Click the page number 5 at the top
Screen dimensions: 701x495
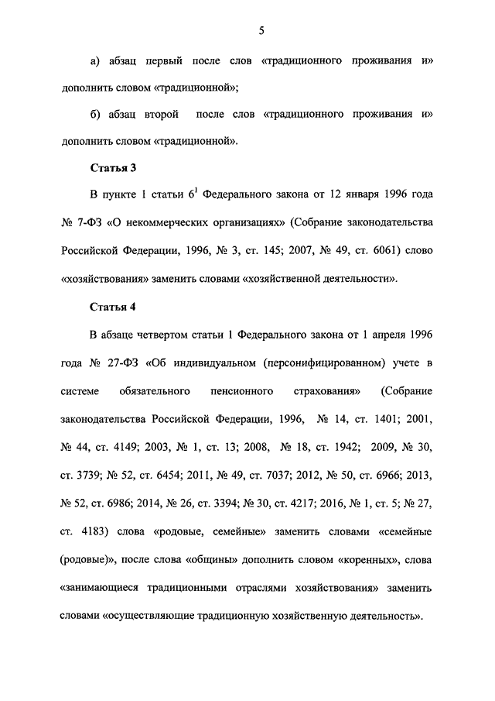click(x=261, y=30)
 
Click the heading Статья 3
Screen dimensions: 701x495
click(x=113, y=167)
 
